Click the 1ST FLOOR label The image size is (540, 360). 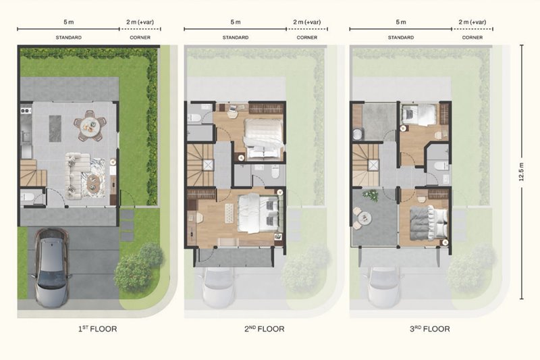97,329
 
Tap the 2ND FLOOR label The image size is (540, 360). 265,329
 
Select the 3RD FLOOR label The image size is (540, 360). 430,329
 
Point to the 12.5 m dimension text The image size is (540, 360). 521,172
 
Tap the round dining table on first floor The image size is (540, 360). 90,126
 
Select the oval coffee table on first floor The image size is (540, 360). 92,183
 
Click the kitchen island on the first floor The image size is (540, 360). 55,128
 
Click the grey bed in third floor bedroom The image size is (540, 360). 429,223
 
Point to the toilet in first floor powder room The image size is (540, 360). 27,197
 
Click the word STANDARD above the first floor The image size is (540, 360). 69,37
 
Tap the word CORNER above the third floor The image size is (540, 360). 472,37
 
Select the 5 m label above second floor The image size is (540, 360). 236,22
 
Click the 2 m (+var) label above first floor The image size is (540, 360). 140,22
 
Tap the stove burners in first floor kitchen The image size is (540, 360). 26,111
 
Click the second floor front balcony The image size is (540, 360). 234,257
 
